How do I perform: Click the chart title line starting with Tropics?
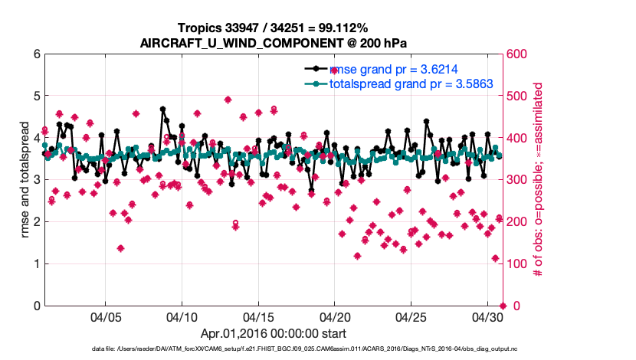(x=273, y=28)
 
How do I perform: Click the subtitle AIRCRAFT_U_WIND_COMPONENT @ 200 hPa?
(x=273, y=43)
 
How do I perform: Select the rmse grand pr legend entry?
(x=399, y=68)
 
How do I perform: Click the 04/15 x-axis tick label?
(x=258, y=316)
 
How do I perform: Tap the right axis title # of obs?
(x=538, y=180)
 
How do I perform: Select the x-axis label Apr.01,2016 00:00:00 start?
(x=273, y=334)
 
